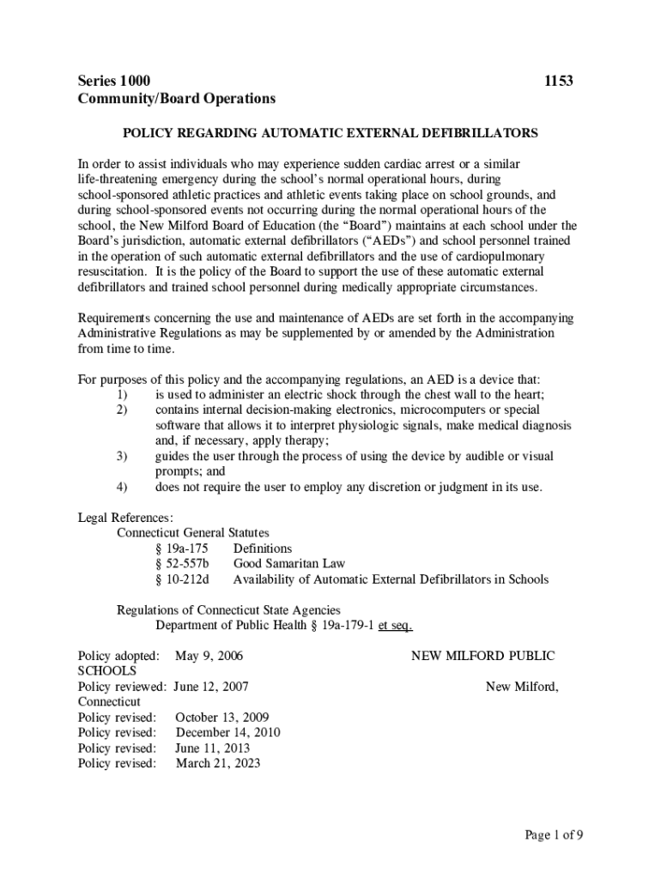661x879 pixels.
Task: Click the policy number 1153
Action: (x=559, y=82)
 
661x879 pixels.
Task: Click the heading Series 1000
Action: (x=114, y=82)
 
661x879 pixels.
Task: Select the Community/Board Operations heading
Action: (x=177, y=99)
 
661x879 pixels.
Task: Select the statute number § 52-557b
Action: (x=182, y=564)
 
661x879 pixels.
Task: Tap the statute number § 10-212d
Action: (x=182, y=579)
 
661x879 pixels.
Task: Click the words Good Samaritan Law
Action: (x=289, y=564)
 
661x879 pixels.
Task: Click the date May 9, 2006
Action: (x=209, y=656)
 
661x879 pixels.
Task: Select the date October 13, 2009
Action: (x=222, y=717)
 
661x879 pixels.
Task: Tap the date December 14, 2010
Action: (x=228, y=732)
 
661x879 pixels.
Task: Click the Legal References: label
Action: (x=125, y=518)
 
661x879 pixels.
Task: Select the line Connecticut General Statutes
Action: (x=193, y=533)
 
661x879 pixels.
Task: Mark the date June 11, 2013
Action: (x=213, y=748)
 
